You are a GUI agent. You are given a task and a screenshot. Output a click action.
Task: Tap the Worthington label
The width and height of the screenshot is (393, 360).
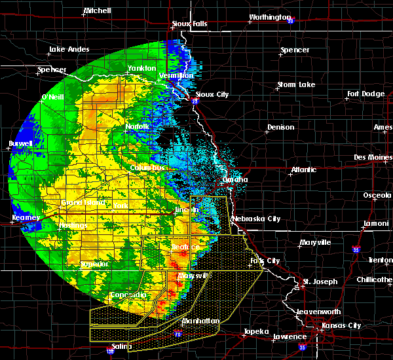(x=269, y=17)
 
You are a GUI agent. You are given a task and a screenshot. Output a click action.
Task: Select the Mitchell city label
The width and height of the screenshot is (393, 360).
(x=98, y=12)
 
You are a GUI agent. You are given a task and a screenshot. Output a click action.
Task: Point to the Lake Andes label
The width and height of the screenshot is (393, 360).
(x=67, y=50)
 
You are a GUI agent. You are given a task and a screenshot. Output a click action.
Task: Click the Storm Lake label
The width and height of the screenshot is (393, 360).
(x=295, y=84)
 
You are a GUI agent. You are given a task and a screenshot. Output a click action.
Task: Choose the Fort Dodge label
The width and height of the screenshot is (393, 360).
(x=365, y=94)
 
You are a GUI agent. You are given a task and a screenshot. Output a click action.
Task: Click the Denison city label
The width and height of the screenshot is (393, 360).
(x=281, y=127)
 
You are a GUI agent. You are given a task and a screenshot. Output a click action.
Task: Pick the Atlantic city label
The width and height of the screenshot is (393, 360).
(x=303, y=170)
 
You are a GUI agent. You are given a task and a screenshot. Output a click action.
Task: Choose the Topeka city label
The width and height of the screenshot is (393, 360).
(x=255, y=331)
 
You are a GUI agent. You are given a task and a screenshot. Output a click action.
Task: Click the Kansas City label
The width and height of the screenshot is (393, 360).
(x=345, y=325)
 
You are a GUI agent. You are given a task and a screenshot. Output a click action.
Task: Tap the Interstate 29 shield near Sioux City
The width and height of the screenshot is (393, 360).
(x=196, y=101)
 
